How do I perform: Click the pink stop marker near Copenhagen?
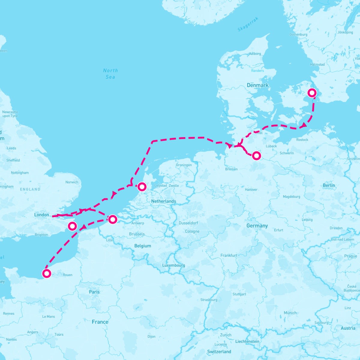point(312,93)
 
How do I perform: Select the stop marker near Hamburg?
point(256,155)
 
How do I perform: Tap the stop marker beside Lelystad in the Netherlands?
point(142,187)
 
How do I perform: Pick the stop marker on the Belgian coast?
point(112,219)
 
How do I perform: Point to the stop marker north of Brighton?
point(72,226)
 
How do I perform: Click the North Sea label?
point(110,73)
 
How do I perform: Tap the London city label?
point(41,215)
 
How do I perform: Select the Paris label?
point(94,292)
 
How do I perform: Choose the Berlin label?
point(329,185)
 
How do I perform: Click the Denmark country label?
point(257,85)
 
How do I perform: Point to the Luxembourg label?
point(173,265)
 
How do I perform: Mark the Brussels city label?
point(137,234)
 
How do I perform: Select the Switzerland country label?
point(219,351)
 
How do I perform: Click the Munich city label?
point(290,313)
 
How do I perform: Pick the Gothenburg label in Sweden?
point(298,34)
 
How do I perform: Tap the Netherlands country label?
point(163,201)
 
